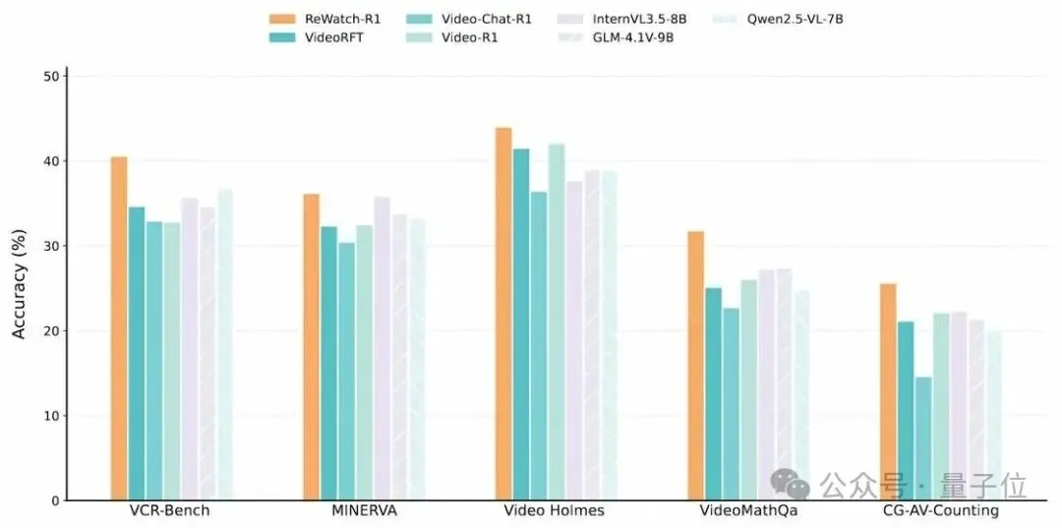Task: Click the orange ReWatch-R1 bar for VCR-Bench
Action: (x=119, y=328)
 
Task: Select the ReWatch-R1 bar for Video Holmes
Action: (x=503, y=314)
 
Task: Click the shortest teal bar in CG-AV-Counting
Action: (x=923, y=439)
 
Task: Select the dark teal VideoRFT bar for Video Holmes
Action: (x=521, y=324)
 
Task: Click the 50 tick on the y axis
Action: (x=51, y=76)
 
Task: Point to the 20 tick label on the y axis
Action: (x=51, y=330)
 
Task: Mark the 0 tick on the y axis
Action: (x=55, y=500)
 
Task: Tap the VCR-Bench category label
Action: (x=169, y=511)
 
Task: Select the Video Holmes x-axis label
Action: (x=554, y=511)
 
